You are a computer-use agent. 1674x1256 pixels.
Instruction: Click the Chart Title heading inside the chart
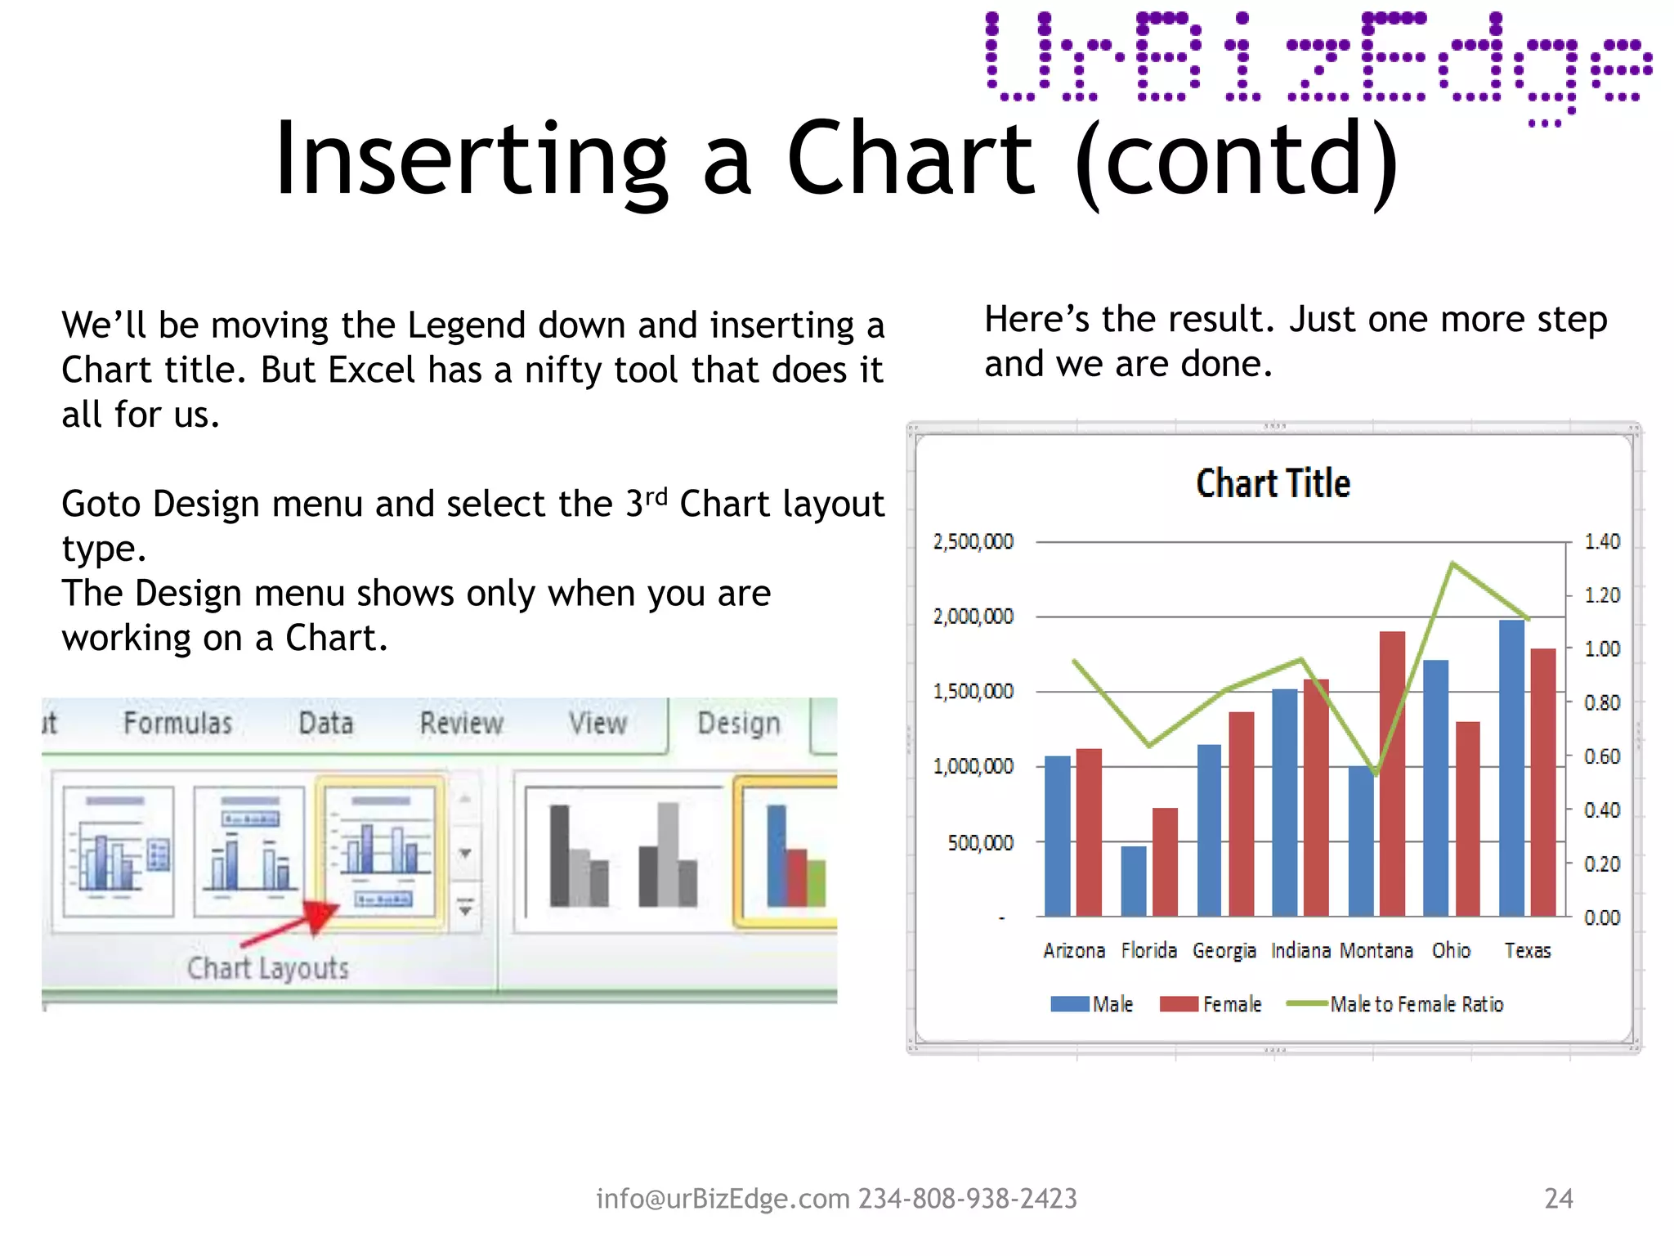click(x=1273, y=483)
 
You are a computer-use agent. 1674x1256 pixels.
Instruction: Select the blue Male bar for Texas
click(x=1511, y=769)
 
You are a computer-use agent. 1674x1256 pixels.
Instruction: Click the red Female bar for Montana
click(x=1392, y=773)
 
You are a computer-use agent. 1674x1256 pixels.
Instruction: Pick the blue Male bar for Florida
click(x=1133, y=881)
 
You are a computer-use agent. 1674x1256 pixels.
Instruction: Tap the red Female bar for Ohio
click(x=1467, y=818)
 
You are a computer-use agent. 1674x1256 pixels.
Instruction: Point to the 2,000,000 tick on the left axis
click(x=973, y=616)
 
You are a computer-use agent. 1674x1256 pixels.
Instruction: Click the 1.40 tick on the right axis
click(x=1601, y=541)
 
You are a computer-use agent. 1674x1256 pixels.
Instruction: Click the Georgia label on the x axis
click(x=1224, y=950)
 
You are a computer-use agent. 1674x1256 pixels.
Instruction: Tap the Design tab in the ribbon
click(x=739, y=723)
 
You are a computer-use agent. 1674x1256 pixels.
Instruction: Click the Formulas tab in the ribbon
click(x=178, y=723)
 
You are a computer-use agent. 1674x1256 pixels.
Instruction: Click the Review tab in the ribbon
click(x=462, y=723)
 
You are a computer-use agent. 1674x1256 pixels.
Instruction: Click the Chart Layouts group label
click(x=267, y=968)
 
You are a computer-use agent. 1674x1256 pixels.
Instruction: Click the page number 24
click(x=1558, y=1198)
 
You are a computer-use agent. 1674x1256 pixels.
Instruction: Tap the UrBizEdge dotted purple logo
click(x=1318, y=61)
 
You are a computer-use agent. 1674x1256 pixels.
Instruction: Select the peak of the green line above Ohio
click(x=1452, y=563)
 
